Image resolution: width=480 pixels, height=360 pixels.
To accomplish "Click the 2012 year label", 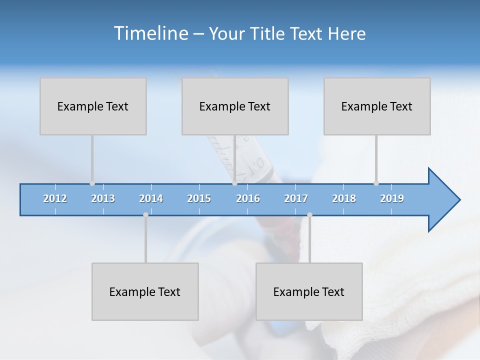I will pyautogui.click(x=55, y=198).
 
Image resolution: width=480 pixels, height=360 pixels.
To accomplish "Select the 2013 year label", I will pyautogui.click(x=103, y=198).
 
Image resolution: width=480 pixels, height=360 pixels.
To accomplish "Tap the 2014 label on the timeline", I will pyautogui.click(x=151, y=198).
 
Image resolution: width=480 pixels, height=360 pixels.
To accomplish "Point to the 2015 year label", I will pyautogui.click(x=199, y=198).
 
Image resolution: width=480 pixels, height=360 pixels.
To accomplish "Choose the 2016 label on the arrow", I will pyautogui.click(x=248, y=198).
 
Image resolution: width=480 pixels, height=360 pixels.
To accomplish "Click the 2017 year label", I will pyautogui.click(x=296, y=198).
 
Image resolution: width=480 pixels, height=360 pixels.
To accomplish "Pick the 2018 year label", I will pyautogui.click(x=344, y=198).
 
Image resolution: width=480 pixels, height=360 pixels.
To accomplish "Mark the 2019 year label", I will pyautogui.click(x=392, y=198).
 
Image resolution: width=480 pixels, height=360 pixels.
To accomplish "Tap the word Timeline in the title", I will pyautogui.click(x=150, y=33).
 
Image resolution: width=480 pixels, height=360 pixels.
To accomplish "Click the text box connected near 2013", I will pyautogui.click(x=93, y=106).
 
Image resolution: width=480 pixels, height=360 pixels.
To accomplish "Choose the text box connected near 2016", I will pyautogui.click(x=235, y=106).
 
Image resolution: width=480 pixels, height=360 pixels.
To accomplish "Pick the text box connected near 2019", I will pyautogui.click(x=377, y=106).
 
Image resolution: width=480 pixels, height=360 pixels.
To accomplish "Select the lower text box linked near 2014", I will pyautogui.click(x=145, y=291).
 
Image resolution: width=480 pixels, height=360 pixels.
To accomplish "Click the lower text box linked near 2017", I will pyautogui.click(x=309, y=291).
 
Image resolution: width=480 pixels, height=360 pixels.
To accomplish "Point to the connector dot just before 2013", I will pyautogui.click(x=92, y=183).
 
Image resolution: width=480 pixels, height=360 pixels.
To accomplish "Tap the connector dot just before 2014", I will pyautogui.click(x=145, y=215).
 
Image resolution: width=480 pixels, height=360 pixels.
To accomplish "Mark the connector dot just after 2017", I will pyautogui.click(x=309, y=215).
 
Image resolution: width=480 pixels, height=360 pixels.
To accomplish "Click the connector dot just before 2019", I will pyautogui.click(x=376, y=183).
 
